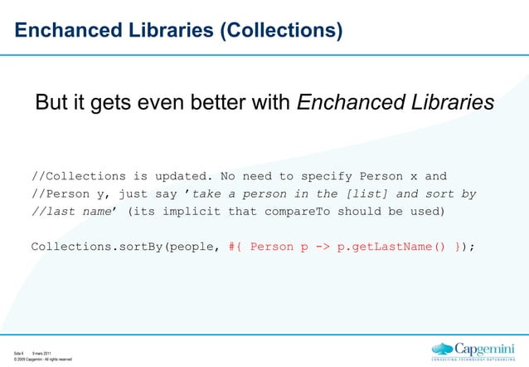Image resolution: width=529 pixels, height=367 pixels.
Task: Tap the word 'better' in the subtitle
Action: point(234,103)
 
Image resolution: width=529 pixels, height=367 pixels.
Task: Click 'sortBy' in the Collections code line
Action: point(142,246)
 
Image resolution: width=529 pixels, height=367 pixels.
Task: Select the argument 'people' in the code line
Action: point(193,246)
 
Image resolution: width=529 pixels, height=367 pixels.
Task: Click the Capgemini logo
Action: point(477,350)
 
